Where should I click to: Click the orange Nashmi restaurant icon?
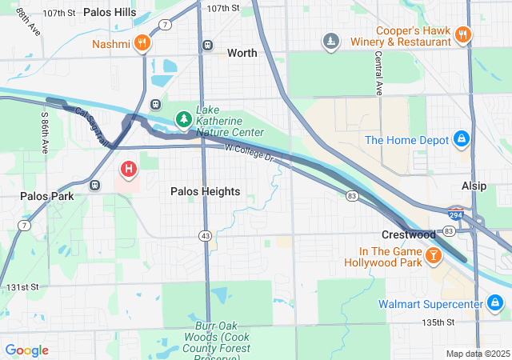pyautogui.click(x=142, y=43)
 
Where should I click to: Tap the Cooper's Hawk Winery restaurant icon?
pyautogui.click(x=462, y=35)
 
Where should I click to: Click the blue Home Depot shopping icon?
pyautogui.click(x=461, y=140)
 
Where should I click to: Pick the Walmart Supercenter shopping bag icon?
pyautogui.click(x=495, y=303)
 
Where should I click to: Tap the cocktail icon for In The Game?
pyautogui.click(x=433, y=255)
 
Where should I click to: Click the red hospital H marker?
pyautogui.click(x=128, y=170)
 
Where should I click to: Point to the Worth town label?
pyautogui.click(x=242, y=53)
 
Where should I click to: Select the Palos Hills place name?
pyautogui.click(x=110, y=14)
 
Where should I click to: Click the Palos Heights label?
pyautogui.click(x=205, y=191)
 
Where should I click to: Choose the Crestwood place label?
pyautogui.click(x=408, y=234)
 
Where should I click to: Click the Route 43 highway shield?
pyautogui.click(x=206, y=235)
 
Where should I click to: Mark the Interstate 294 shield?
pyautogui.click(x=455, y=214)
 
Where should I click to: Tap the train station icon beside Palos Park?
pyautogui.click(x=95, y=186)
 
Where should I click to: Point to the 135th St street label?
pyautogui.click(x=439, y=322)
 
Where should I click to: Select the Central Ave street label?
pyautogui.click(x=378, y=72)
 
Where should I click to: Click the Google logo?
pyautogui.click(x=26, y=350)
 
